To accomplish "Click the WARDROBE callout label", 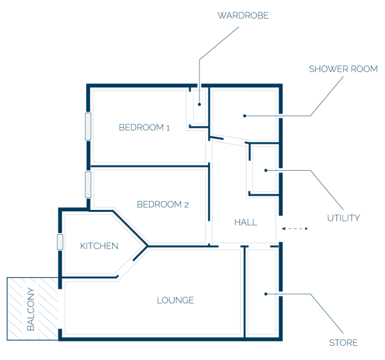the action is [243, 15].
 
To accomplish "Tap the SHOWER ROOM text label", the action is [343, 69].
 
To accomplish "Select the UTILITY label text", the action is [343, 218].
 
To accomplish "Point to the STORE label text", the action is [343, 343].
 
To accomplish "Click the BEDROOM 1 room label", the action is [144, 128].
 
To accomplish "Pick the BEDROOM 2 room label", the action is [162, 204].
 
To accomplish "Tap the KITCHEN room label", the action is [99, 246].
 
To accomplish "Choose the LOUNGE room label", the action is [175, 300].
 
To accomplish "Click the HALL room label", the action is [246, 222].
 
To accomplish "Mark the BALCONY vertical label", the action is [31, 309].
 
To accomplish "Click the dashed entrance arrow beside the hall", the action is [295, 228].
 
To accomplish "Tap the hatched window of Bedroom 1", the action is [88, 126].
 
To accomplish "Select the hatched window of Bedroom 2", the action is [88, 184].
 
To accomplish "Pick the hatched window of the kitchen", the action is [60, 242].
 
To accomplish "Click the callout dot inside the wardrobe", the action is [200, 105].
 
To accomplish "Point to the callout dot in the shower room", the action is [244, 116].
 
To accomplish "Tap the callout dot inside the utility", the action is [266, 170].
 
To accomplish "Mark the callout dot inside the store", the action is [266, 294].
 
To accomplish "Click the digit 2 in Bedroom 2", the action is [186, 205].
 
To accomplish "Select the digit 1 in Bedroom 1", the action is [168, 128].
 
